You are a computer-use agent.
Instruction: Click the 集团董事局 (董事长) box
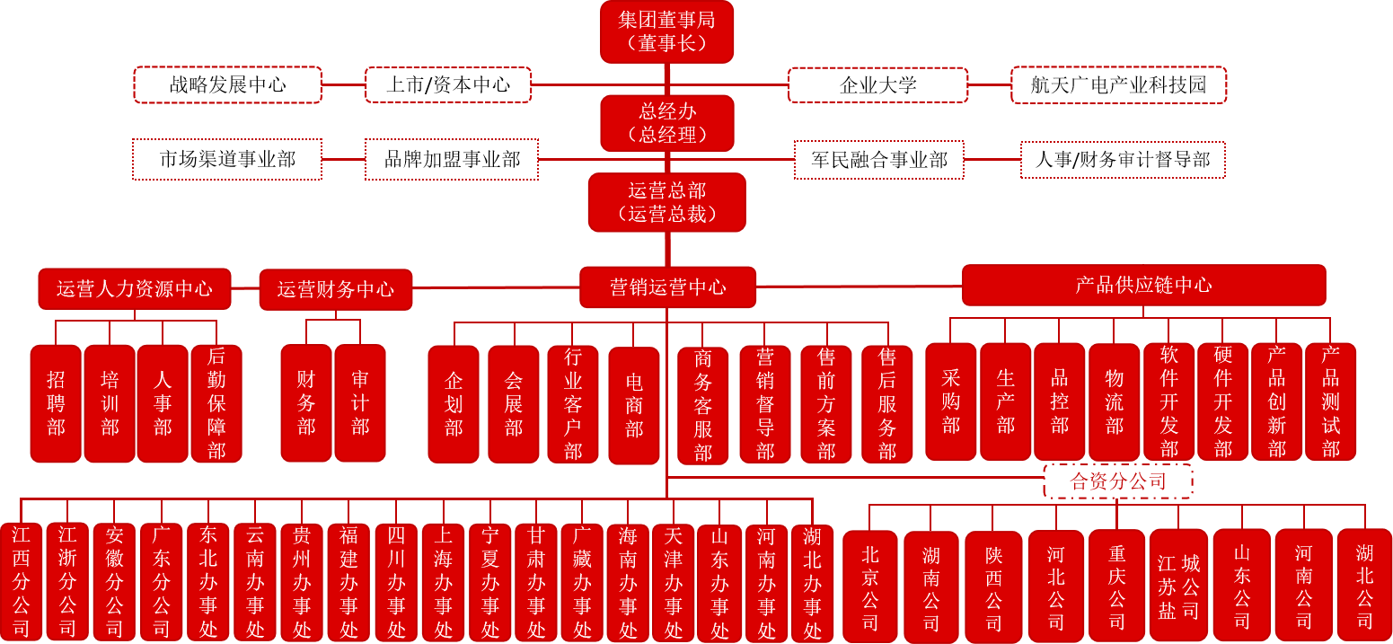[667, 31]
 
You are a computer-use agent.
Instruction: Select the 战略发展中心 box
[227, 84]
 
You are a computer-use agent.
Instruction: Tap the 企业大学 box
[877, 85]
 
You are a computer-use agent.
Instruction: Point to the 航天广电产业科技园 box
[1118, 85]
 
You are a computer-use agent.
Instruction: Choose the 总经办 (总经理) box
[667, 123]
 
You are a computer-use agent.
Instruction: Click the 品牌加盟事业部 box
[452, 160]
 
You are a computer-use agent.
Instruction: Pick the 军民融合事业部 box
[878, 160]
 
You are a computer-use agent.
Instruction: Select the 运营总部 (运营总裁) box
[667, 202]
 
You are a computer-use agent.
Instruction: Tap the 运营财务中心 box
[335, 289]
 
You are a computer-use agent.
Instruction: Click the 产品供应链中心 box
[1143, 286]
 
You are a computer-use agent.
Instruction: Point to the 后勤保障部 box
[216, 403]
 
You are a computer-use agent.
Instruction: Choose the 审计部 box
[360, 403]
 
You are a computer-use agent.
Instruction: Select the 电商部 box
[634, 405]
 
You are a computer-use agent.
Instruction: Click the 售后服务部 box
[887, 404]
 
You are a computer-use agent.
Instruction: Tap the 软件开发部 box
[1168, 401]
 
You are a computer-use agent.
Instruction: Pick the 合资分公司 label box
[1118, 481]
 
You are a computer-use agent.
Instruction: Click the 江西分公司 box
[21, 581]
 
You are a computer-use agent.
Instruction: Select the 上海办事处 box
[443, 581]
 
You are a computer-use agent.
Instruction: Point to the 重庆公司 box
[1116, 587]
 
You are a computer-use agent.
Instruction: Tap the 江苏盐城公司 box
[1178, 587]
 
